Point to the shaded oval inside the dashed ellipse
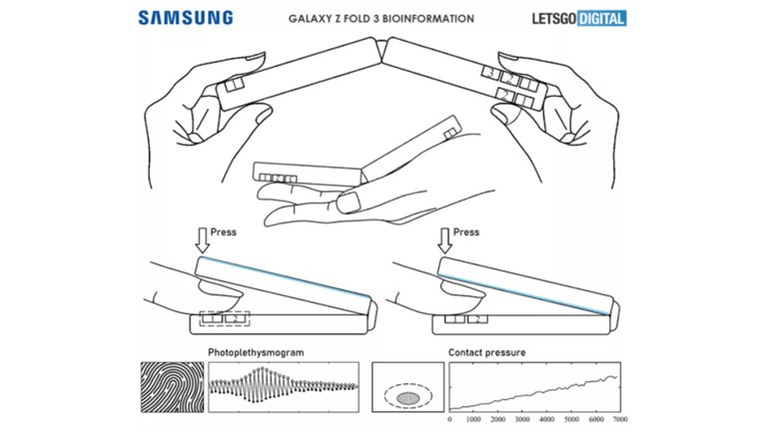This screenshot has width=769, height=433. point(407,396)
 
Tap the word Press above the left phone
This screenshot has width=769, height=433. point(224,232)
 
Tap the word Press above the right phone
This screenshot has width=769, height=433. point(466,232)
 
